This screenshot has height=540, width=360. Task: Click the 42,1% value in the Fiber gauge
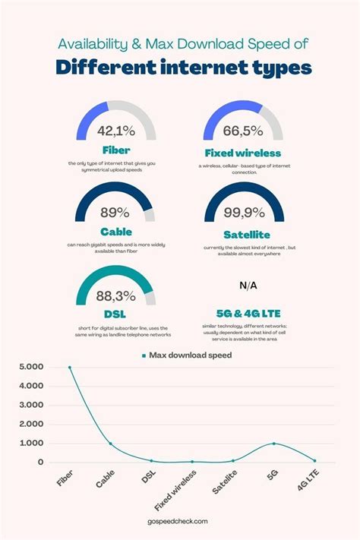[x=116, y=131]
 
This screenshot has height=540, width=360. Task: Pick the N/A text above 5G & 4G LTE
[x=248, y=286]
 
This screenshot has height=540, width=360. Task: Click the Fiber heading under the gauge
[x=116, y=150]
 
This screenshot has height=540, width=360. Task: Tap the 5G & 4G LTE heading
[x=248, y=311]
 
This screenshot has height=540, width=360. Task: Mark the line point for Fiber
[x=70, y=368]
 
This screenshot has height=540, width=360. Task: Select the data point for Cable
[x=111, y=444]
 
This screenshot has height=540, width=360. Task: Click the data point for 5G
[x=274, y=444]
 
